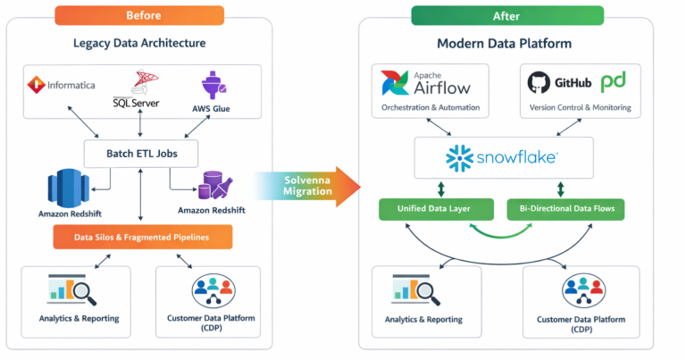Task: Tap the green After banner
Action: click(x=506, y=15)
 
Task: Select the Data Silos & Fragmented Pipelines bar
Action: click(x=142, y=236)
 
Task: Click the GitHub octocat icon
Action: click(x=538, y=82)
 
